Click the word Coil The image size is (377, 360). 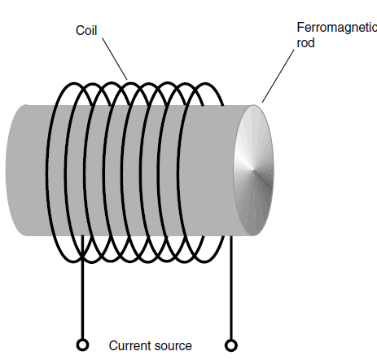[86, 30]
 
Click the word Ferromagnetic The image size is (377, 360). [337, 28]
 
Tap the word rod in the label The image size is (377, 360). [306, 43]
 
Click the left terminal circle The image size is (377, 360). [82, 345]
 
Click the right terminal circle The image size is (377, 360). [231, 345]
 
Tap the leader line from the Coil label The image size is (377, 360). [115, 59]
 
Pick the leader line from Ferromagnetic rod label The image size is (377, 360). [278, 76]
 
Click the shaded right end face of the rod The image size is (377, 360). [254, 170]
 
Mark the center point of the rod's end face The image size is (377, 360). [254, 170]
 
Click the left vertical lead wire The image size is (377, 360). [82, 288]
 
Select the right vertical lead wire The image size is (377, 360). [231, 288]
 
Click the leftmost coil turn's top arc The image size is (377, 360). [74, 84]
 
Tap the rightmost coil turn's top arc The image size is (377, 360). [205, 84]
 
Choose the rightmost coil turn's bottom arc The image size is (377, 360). [205, 261]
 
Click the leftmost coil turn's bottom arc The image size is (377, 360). [73, 261]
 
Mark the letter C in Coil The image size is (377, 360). [80, 30]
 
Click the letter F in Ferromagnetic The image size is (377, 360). [300, 28]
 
